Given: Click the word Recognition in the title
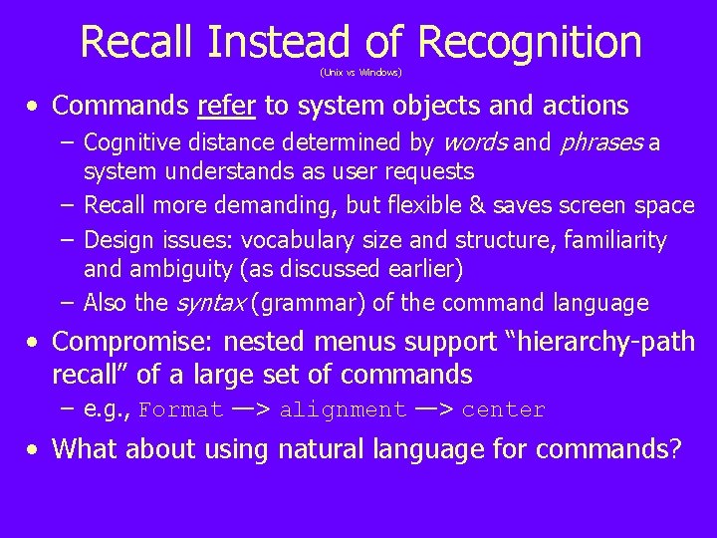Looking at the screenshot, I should pyautogui.click(x=530, y=42).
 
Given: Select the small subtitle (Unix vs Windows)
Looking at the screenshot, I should pyautogui.click(x=360, y=73).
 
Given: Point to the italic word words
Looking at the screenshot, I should pyautogui.click(x=473, y=143).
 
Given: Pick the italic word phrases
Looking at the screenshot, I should pyautogui.click(x=601, y=143).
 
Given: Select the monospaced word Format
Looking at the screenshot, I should pyautogui.click(x=181, y=410).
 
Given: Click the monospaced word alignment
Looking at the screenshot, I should pyautogui.click(x=343, y=410).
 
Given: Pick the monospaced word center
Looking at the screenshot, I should pyautogui.click(x=504, y=410).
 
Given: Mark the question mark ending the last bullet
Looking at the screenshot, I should pyautogui.click(x=675, y=449).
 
